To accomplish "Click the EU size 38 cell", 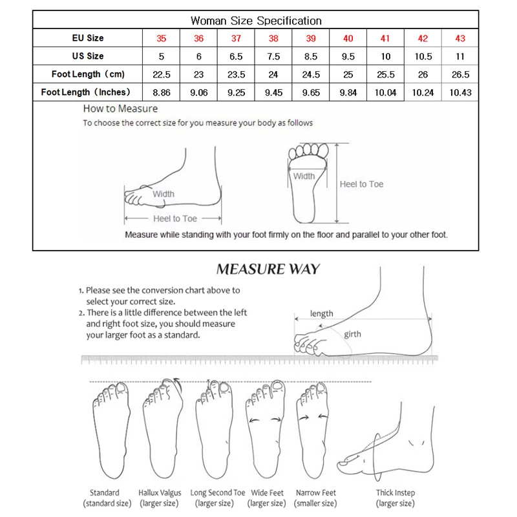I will (273, 39).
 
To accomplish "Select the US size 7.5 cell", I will (273, 56).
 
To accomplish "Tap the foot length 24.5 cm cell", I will (311, 75).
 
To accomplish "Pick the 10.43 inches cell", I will (460, 92).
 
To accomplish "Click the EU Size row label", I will (88, 39).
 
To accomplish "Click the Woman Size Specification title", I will (257, 21).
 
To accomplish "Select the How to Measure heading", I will (120, 109).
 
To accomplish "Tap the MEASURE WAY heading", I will (268, 269).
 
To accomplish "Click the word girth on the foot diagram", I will (352, 334).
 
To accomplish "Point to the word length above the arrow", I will (321, 313).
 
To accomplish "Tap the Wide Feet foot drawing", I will (266, 430).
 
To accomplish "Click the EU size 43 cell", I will (460, 39).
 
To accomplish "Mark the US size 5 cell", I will (161, 56).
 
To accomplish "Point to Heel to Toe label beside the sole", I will (361, 184).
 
